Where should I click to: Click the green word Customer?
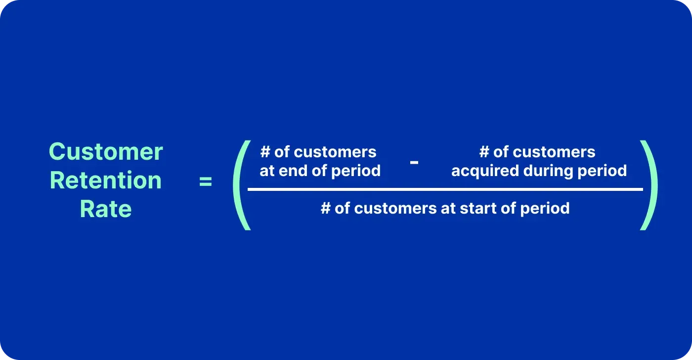point(106,151)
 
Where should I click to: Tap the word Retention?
point(106,180)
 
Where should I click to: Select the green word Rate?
point(106,209)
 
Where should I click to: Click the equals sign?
point(205,181)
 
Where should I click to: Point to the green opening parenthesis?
point(241,185)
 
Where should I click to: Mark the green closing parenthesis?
point(649,185)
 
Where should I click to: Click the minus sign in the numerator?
point(414,162)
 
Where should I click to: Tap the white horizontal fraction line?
point(445,189)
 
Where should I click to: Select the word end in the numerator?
point(293,171)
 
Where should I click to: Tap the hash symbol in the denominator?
point(325,208)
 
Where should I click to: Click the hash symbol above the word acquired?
point(484,152)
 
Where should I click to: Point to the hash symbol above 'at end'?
point(265,152)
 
